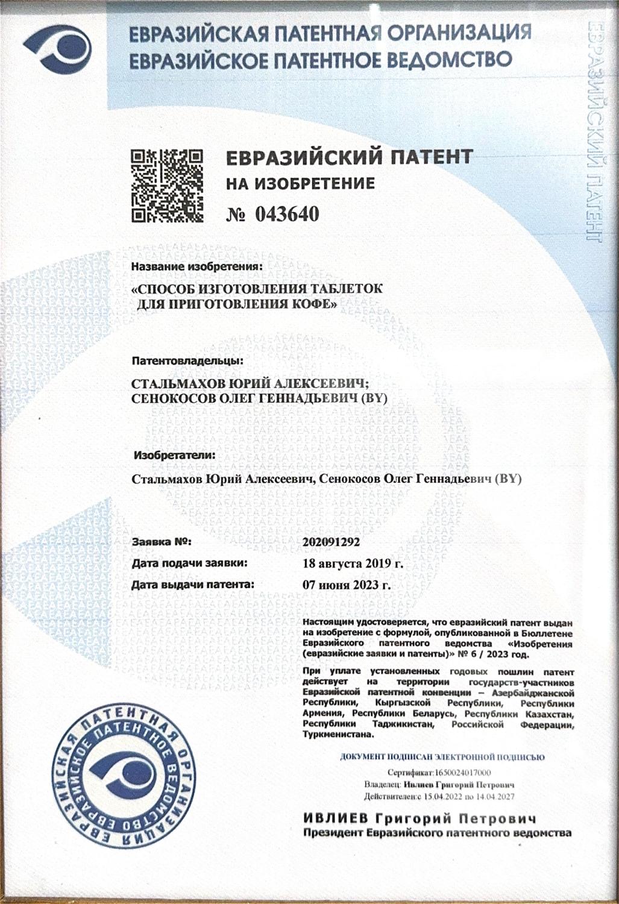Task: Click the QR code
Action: coord(167,184)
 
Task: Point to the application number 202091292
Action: coord(331,542)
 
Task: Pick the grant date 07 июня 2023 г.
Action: coord(346,585)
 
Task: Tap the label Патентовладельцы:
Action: coord(187,362)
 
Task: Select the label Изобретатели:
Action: coord(174,455)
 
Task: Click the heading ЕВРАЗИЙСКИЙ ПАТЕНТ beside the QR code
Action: coord(349,157)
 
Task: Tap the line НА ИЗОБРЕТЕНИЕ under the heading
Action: coord(300,183)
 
